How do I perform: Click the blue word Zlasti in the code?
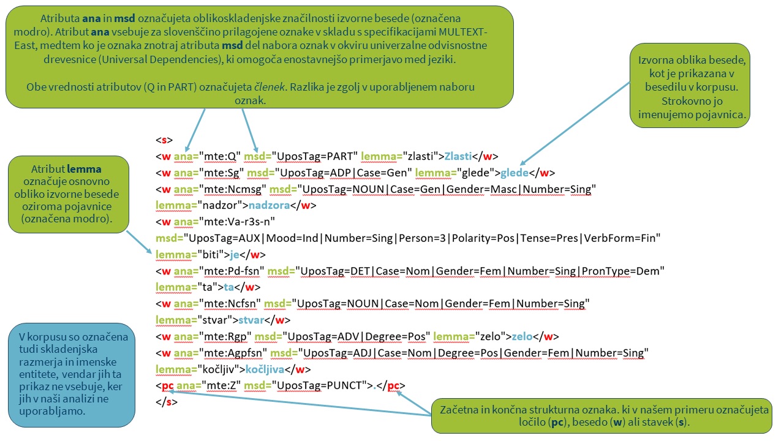(459, 156)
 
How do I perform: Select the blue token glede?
(514, 172)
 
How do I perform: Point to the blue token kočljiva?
(265, 369)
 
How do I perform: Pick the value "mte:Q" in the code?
(221, 156)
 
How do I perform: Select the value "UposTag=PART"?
(314, 156)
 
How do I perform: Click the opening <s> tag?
(164, 140)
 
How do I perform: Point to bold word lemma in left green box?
(84, 168)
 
